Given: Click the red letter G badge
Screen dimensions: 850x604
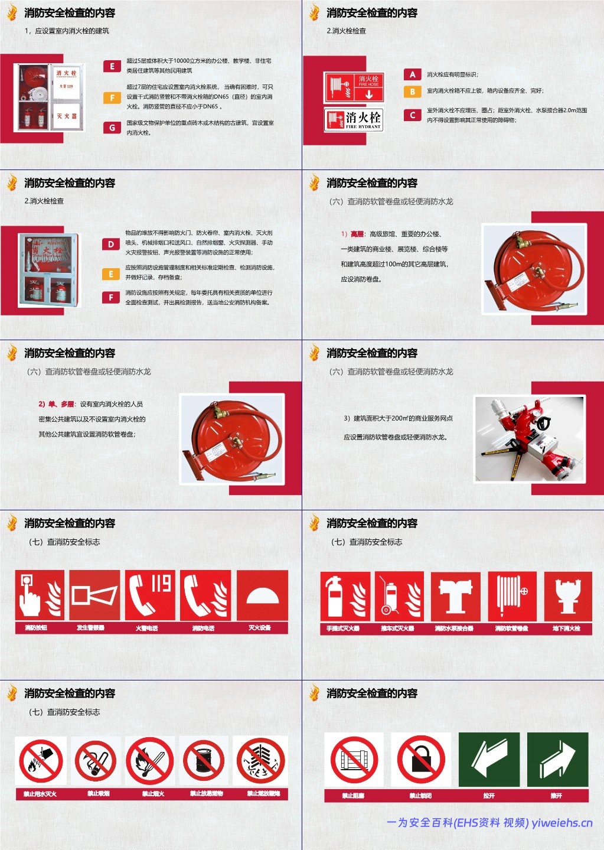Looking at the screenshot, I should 112,128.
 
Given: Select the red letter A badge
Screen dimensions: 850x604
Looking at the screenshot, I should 412,74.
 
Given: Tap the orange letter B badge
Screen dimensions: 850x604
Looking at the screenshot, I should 412,92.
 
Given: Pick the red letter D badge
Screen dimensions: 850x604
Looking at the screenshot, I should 111,244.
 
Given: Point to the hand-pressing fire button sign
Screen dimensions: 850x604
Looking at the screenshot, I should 40,595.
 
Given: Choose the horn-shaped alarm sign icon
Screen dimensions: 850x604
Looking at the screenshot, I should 94,595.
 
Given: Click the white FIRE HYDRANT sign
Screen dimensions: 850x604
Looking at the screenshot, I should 354,119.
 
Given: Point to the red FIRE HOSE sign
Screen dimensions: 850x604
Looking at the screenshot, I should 354,87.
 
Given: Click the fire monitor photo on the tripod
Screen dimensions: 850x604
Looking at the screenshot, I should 530,438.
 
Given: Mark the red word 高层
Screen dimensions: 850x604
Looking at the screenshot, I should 357,234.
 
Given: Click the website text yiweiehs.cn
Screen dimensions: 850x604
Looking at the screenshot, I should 562,823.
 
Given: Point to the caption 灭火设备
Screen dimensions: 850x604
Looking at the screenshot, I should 260,628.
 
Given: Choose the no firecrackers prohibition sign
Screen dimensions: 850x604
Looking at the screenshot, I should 260,761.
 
